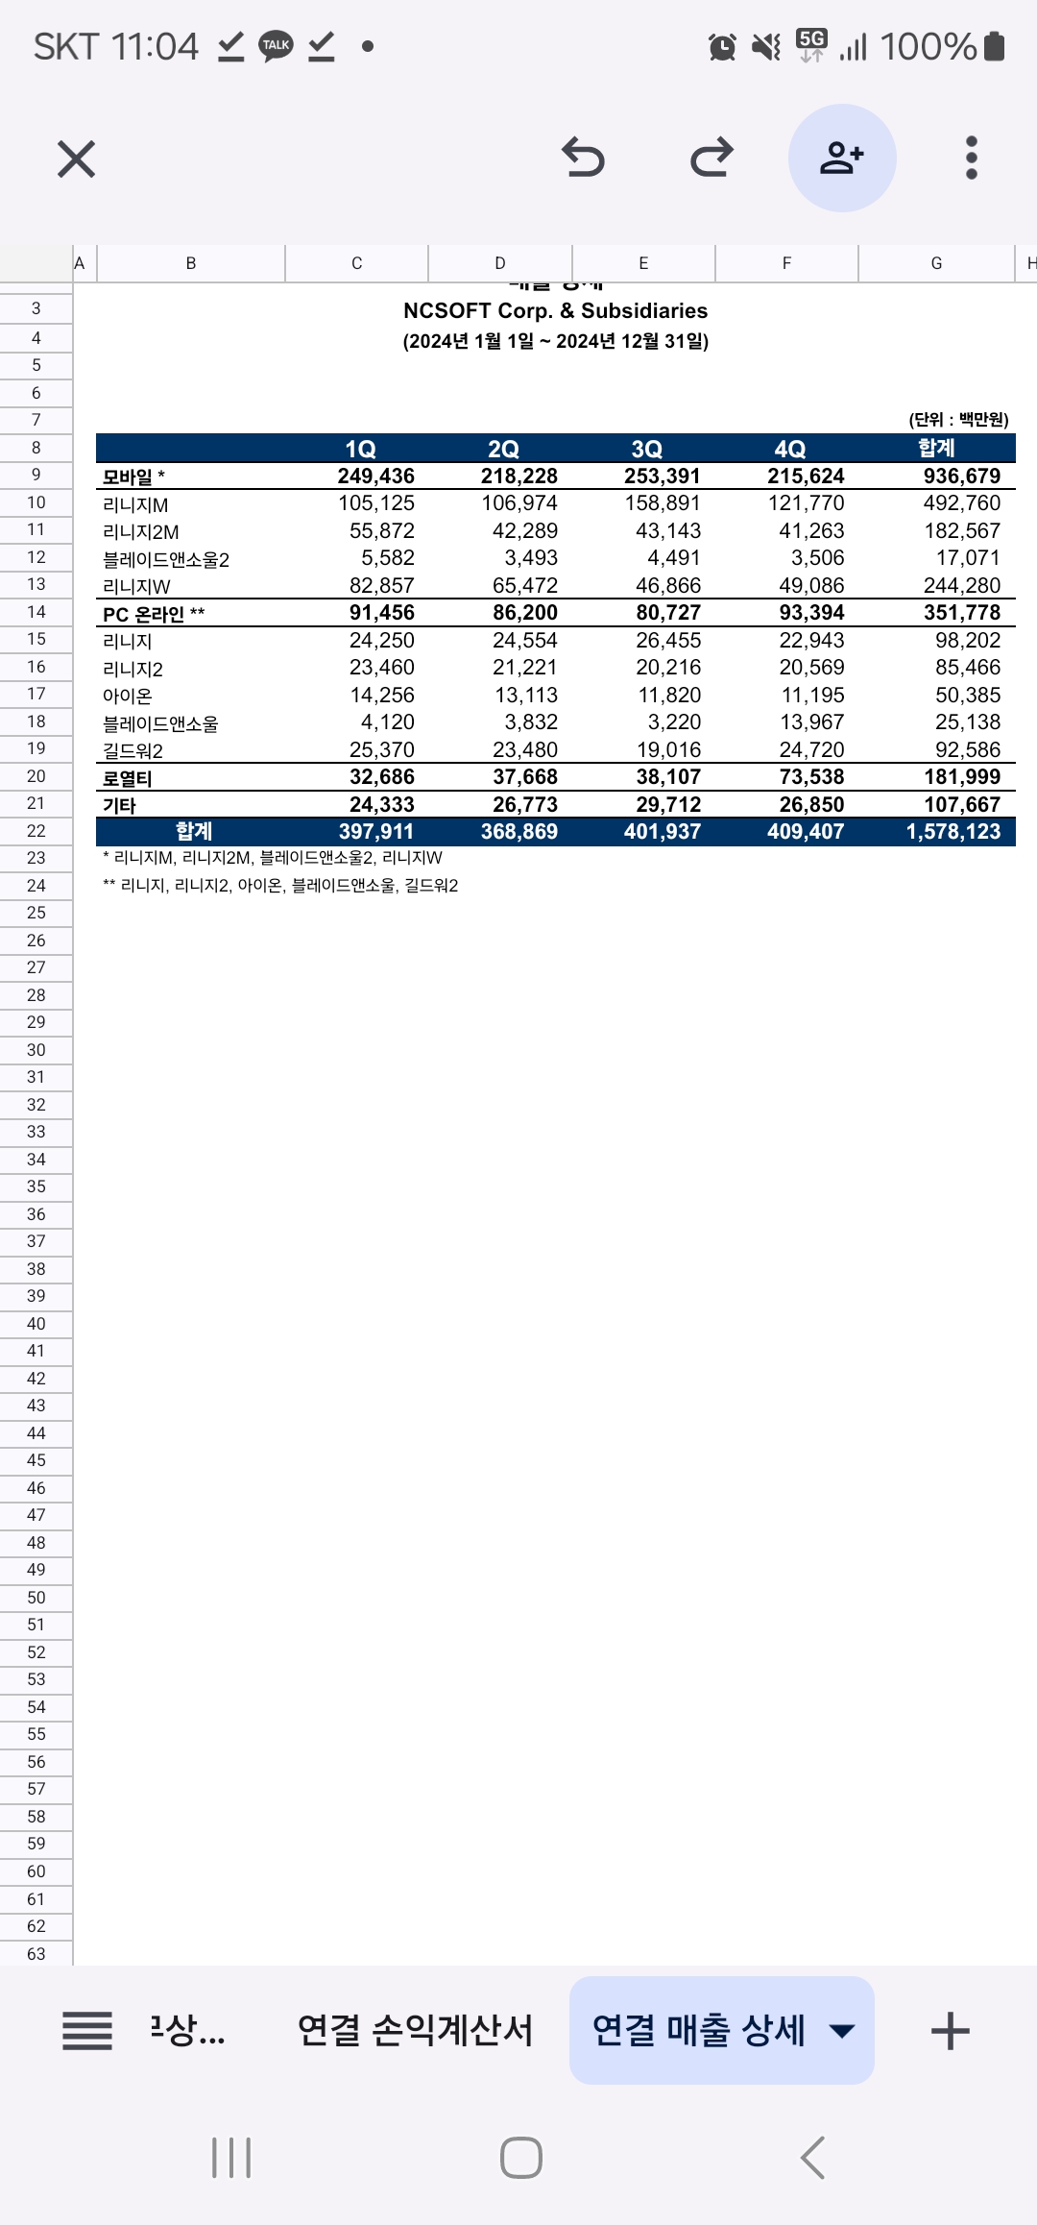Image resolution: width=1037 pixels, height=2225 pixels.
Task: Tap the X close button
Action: click(77, 159)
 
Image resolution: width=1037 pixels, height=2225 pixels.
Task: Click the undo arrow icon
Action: click(583, 158)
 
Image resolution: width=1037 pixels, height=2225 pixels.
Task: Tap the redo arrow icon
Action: click(711, 158)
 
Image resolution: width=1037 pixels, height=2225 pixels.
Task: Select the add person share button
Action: click(842, 158)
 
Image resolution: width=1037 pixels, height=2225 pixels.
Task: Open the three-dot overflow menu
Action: click(972, 158)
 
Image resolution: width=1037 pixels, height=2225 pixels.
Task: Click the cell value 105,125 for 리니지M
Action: click(376, 503)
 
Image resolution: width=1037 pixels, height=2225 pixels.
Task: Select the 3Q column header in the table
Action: click(646, 449)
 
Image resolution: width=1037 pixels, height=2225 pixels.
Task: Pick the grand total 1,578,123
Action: click(953, 832)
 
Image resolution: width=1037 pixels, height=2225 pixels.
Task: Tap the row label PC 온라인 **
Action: click(154, 614)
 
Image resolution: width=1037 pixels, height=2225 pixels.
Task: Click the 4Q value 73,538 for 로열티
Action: click(811, 777)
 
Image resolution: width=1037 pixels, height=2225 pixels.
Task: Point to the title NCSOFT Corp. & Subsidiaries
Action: click(555, 310)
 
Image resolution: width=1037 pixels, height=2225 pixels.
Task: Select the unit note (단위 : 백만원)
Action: click(958, 419)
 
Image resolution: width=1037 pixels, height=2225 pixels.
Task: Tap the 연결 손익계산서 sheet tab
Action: click(415, 2030)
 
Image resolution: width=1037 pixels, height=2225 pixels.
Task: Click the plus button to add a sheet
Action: click(950, 2031)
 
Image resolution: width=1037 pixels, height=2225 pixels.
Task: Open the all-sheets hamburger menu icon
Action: click(87, 2031)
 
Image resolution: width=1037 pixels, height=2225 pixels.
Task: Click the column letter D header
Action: click(499, 263)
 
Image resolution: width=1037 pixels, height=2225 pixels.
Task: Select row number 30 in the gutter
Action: click(36, 1050)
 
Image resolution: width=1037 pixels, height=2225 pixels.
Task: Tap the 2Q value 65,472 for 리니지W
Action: click(524, 586)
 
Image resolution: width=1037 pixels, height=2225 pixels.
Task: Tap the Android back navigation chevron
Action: click(812, 2158)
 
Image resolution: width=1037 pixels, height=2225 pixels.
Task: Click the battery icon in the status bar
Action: click(995, 46)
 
